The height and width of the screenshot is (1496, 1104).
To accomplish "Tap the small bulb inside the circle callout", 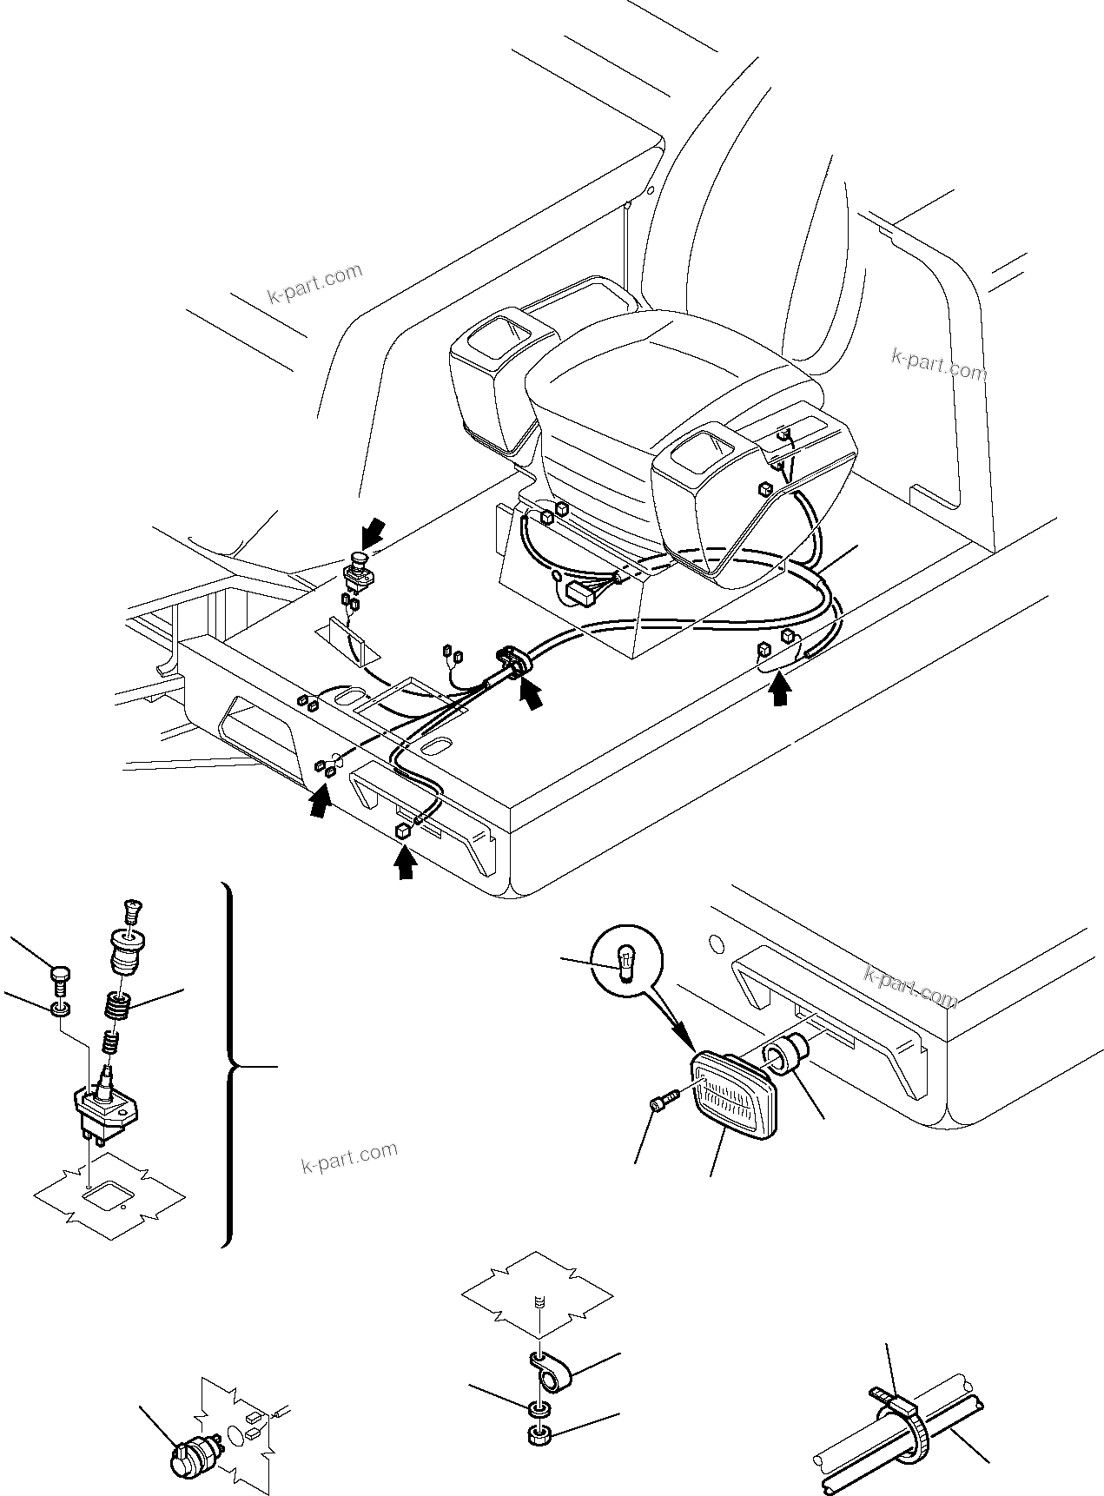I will [625, 963].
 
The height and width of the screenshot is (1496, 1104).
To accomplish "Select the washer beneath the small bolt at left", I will [59, 1009].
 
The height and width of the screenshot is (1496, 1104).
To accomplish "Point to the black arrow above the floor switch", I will [374, 529].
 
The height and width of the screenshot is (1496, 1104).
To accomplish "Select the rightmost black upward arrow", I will [781, 692].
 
